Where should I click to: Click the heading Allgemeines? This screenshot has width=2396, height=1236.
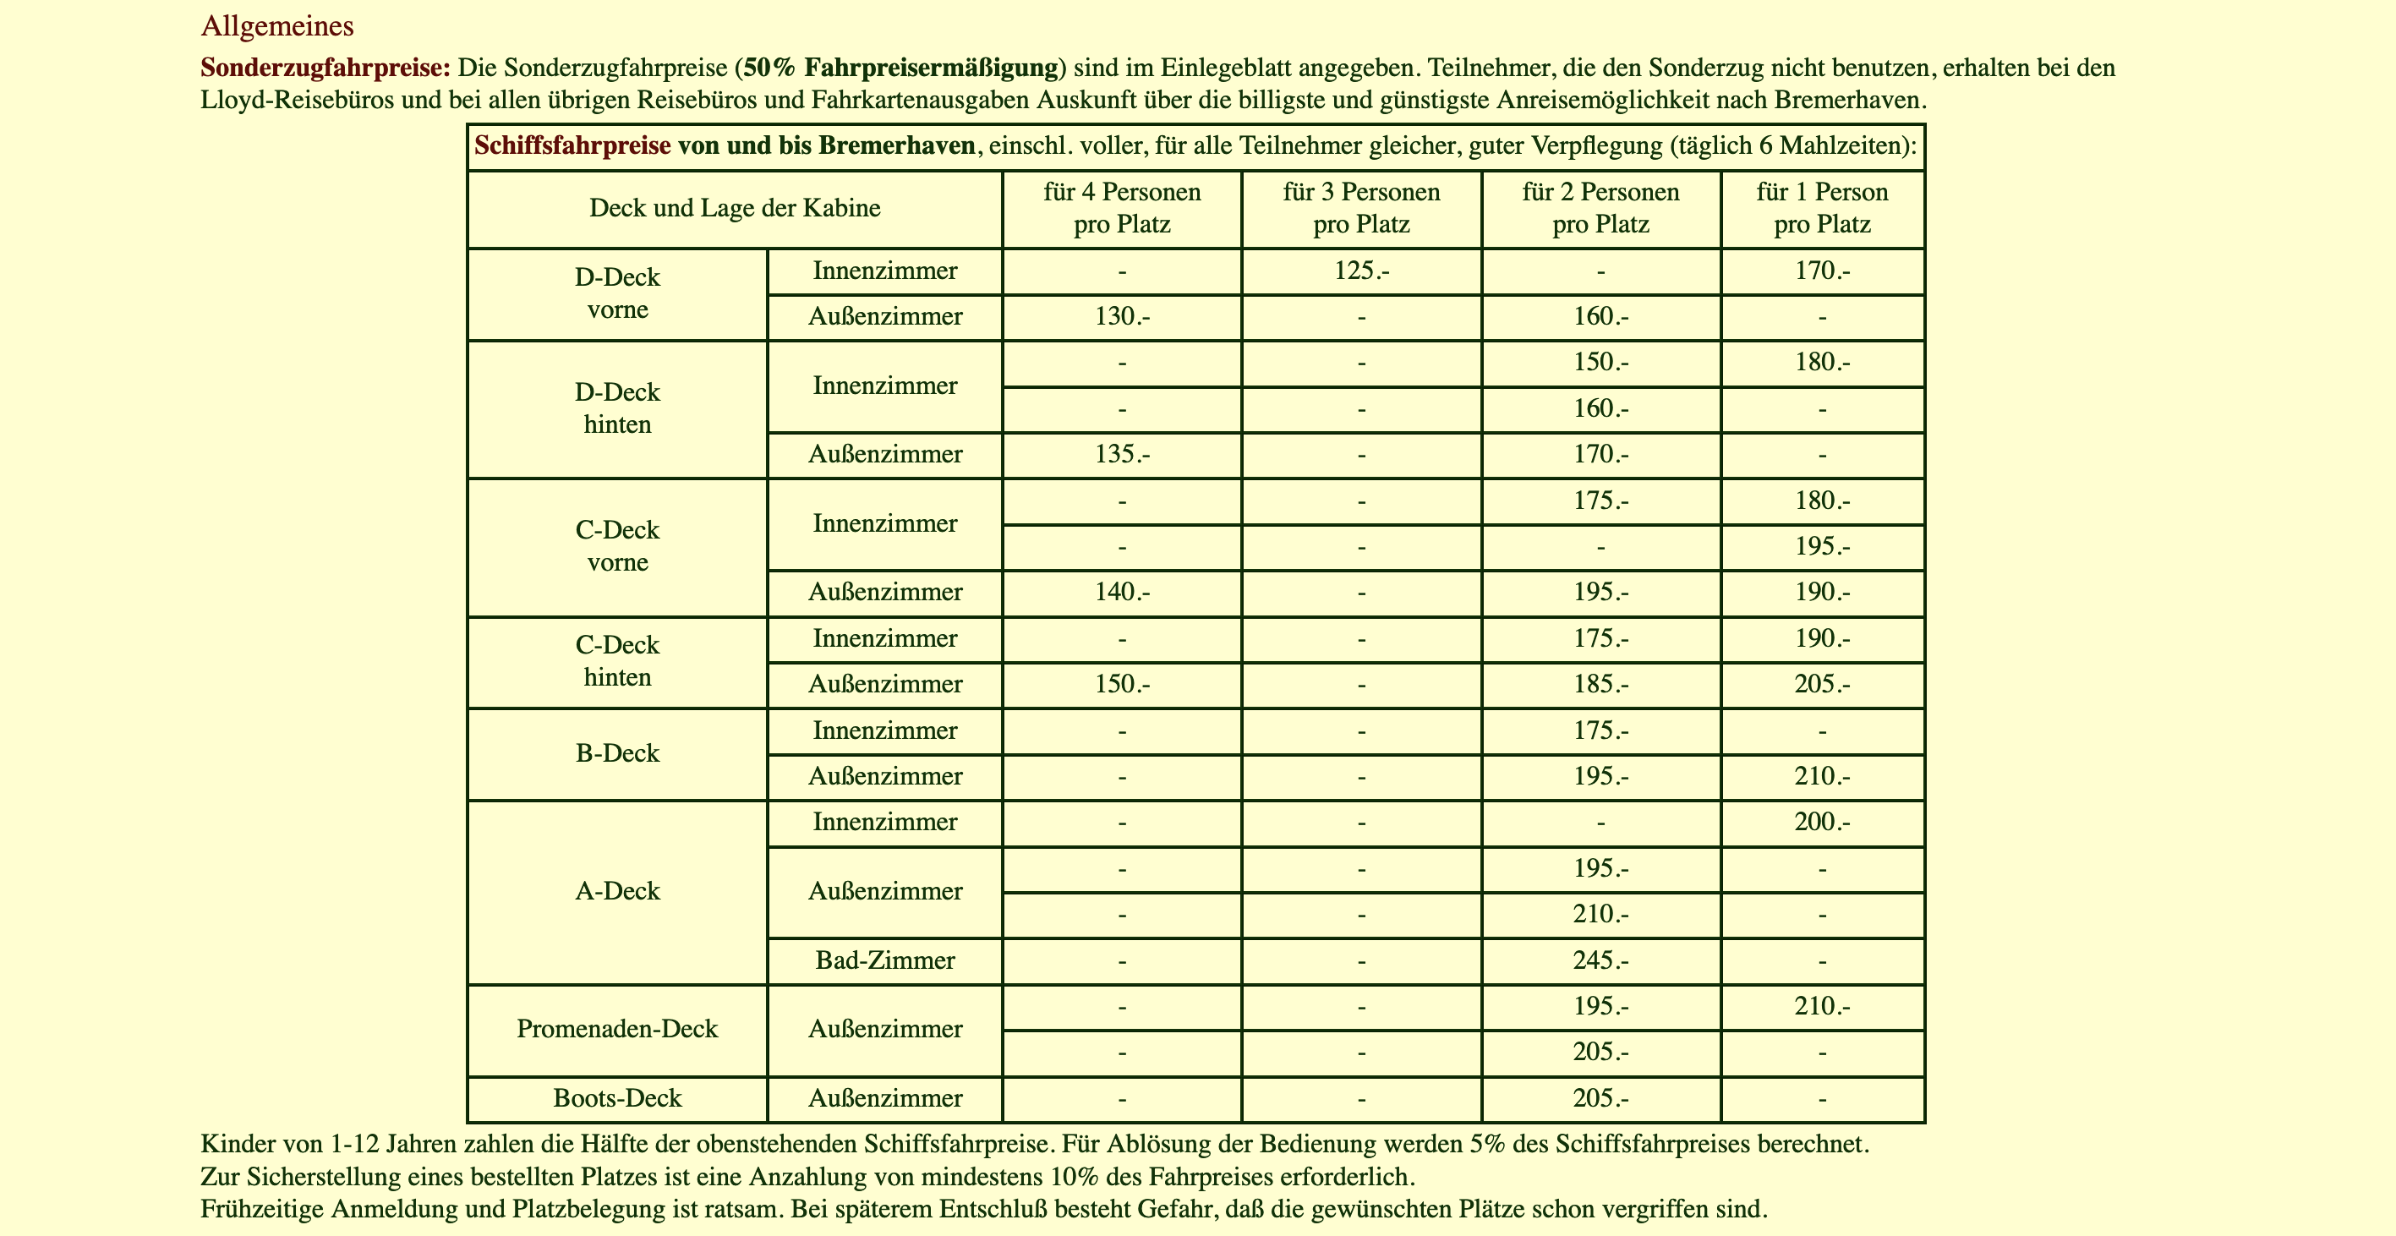277,26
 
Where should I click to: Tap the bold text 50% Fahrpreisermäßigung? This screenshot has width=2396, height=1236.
901,68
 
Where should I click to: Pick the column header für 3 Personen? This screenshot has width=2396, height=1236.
1361,193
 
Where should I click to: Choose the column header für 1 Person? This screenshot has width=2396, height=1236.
1821,193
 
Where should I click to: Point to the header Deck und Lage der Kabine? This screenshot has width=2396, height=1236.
734,207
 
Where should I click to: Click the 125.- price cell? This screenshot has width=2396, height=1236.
1361,271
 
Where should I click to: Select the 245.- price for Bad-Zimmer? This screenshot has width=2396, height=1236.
1600,960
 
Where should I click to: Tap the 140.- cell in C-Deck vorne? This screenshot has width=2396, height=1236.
1122,593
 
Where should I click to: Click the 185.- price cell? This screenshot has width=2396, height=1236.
1600,685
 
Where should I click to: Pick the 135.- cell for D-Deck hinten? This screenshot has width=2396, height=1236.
1122,455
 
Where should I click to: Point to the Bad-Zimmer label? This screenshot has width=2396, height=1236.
884,960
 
